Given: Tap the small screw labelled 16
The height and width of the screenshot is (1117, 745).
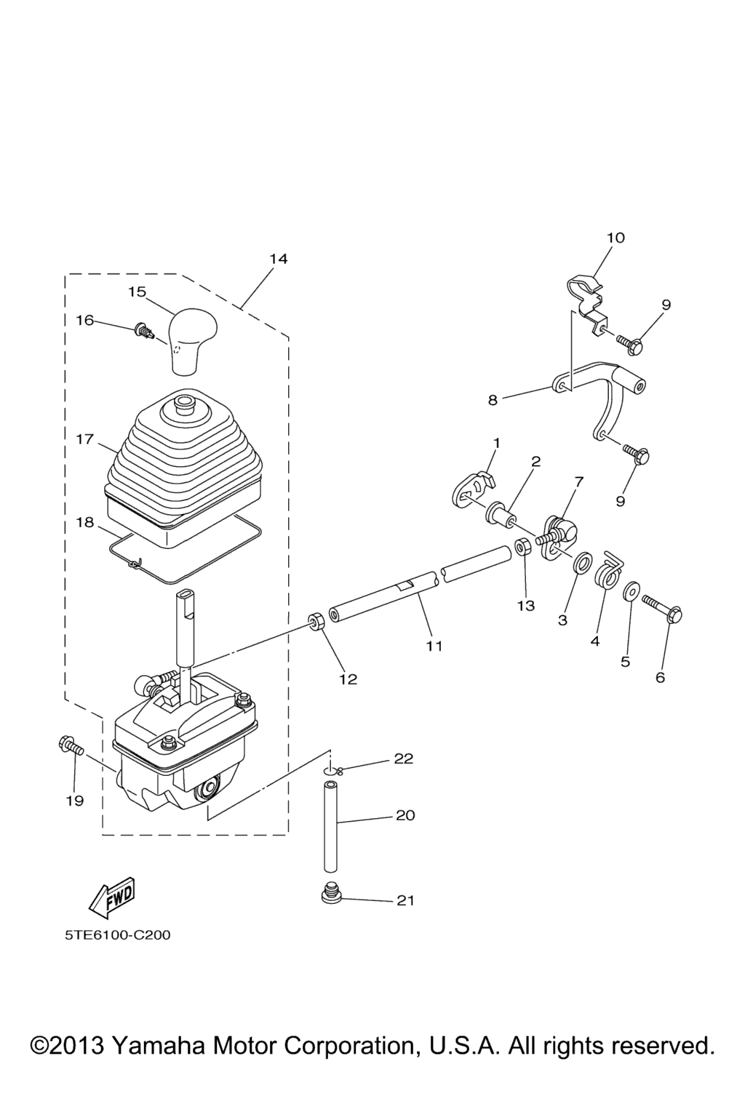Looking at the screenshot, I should (143, 332).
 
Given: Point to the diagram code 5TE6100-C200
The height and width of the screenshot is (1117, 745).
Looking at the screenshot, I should (117, 934).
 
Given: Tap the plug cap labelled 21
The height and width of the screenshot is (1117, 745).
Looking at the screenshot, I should (332, 893).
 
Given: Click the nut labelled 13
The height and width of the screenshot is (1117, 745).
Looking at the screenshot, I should (522, 546).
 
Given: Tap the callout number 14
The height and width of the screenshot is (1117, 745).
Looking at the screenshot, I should (279, 259).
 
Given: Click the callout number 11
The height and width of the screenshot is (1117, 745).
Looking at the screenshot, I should (434, 646).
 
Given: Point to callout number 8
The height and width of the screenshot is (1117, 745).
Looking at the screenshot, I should (493, 400).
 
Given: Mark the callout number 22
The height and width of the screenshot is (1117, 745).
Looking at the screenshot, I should (404, 758).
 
